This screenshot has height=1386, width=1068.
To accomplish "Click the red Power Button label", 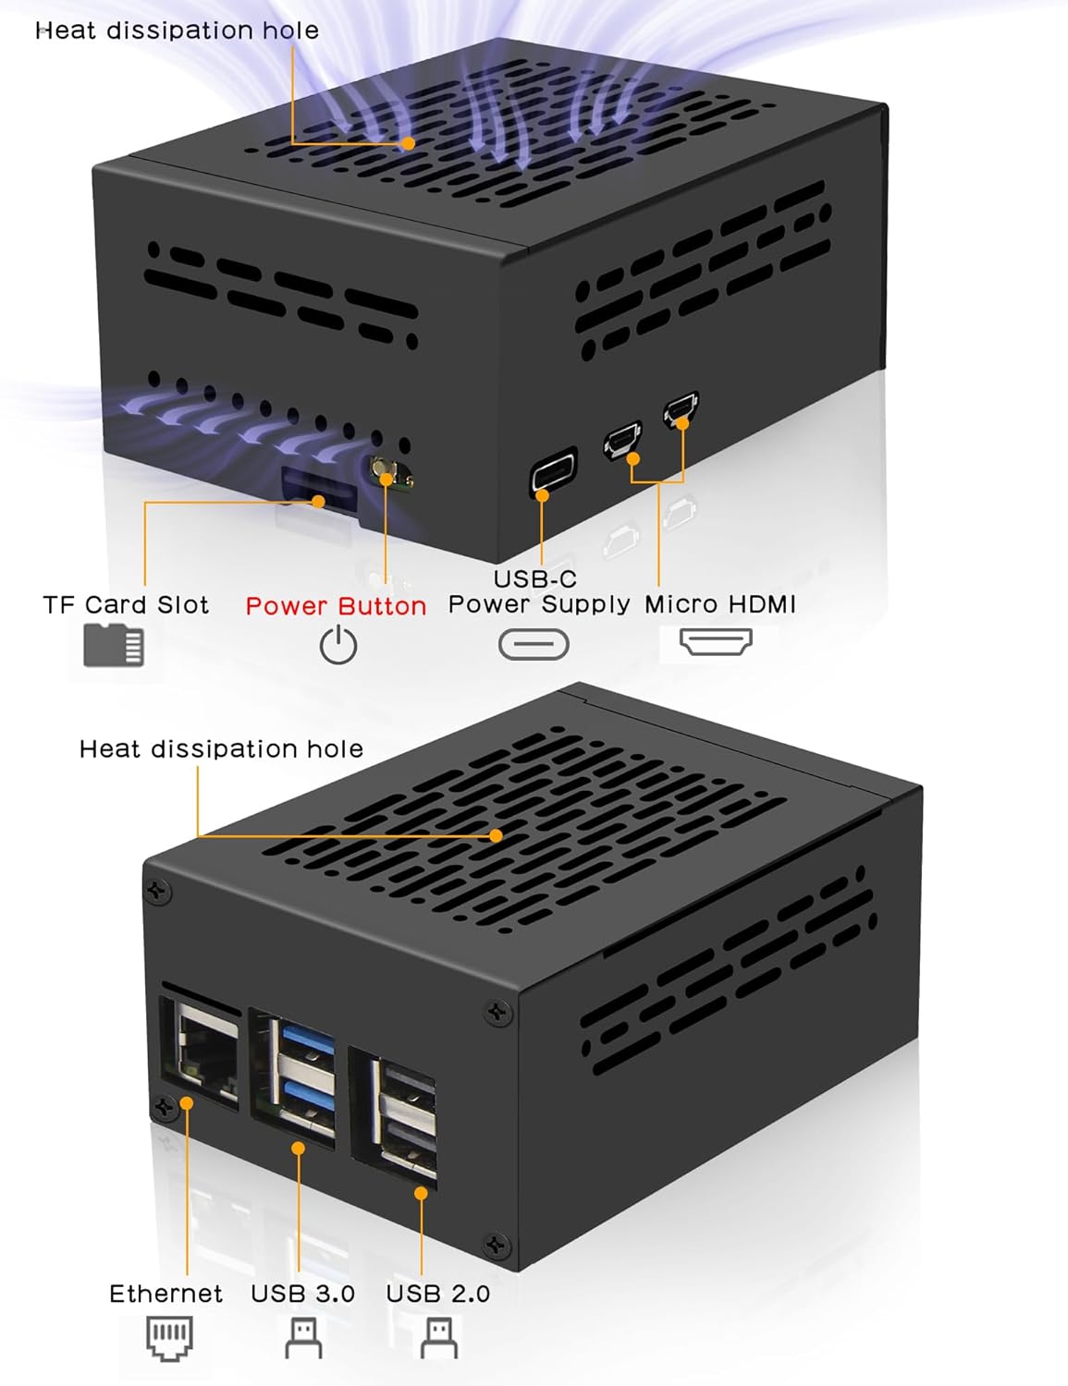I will click(x=336, y=606).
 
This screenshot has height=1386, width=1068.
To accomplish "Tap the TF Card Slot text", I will click(x=126, y=605).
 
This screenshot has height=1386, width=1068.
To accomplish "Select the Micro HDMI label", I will click(x=719, y=604).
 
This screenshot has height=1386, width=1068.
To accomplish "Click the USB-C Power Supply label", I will click(x=538, y=591).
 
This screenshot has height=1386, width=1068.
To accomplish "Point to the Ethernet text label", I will click(x=166, y=1294).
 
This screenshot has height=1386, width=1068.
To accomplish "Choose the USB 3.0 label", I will click(x=302, y=1294).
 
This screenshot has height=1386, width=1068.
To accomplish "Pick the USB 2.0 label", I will click(x=437, y=1294).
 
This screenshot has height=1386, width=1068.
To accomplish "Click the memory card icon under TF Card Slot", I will click(x=114, y=645).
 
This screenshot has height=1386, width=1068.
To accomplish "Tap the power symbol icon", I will click(x=338, y=645).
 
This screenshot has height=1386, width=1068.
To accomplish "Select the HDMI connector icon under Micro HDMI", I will click(x=716, y=641).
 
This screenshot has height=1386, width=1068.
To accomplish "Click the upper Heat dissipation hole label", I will click(x=177, y=30).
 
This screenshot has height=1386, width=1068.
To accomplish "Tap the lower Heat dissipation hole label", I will click(x=221, y=748).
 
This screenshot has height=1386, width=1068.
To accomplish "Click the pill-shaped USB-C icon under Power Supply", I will click(x=534, y=644).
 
